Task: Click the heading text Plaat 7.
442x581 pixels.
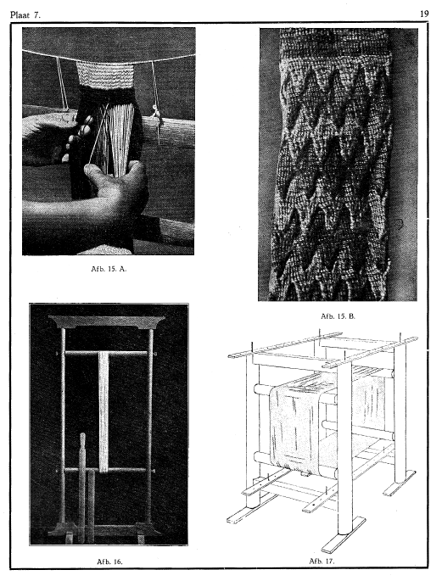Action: click(x=25, y=14)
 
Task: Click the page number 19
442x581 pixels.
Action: click(x=424, y=14)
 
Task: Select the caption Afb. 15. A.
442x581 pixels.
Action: click(x=109, y=269)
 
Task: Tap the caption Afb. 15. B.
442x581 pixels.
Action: click(x=338, y=316)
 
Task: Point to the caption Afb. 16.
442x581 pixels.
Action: click(x=109, y=561)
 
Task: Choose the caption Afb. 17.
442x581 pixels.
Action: click(x=322, y=561)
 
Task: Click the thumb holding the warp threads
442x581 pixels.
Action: click(x=97, y=173)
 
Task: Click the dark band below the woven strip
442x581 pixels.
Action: click(x=106, y=94)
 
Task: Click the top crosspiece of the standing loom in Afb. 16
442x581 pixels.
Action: click(x=107, y=321)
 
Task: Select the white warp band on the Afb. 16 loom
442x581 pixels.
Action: click(x=104, y=411)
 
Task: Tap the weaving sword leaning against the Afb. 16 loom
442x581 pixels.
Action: click(x=82, y=485)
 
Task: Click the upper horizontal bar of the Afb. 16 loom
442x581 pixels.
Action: click(x=107, y=353)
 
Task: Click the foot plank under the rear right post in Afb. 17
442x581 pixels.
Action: click(x=399, y=483)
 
